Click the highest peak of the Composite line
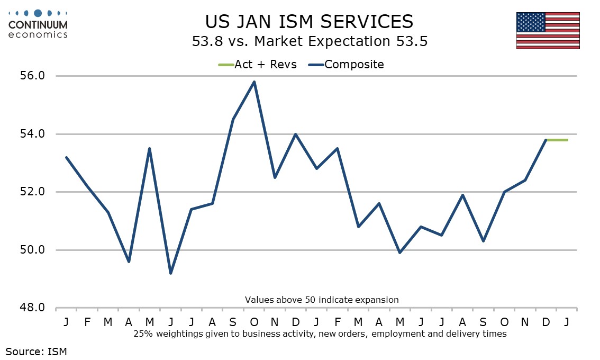pyautogui.click(x=254, y=82)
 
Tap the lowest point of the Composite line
pyautogui.click(x=170, y=273)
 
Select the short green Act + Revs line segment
pyautogui.click(x=557, y=140)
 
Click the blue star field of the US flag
pyautogui.click(x=531, y=22)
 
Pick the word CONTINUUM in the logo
pyautogui.click(x=38, y=24)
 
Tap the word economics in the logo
pyautogui.click(x=38, y=34)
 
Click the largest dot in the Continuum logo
pyautogui.click(x=38, y=13)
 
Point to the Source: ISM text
pyautogui.click(x=37, y=350)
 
